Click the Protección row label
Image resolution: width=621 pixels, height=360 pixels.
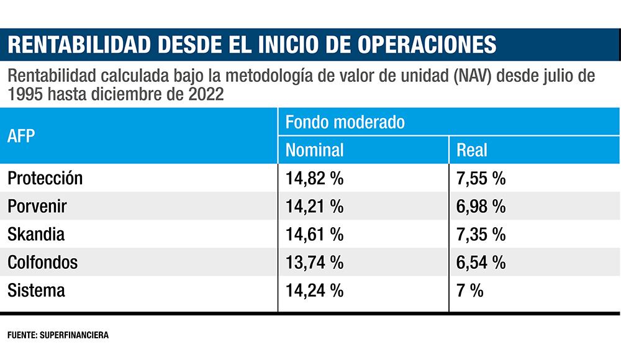pos(45,179)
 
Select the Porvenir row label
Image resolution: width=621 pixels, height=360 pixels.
pos(37,207)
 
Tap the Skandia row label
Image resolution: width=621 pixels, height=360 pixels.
pos(36,235)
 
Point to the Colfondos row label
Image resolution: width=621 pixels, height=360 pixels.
pos(42,263)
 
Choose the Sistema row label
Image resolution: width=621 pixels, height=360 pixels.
pos(36,290)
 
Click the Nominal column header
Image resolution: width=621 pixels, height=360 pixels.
pos(314,150)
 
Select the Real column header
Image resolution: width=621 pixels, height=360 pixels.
pos(472,150)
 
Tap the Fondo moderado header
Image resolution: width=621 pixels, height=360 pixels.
pos(345,122)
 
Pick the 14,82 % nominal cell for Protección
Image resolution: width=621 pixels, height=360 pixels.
pos(314,179)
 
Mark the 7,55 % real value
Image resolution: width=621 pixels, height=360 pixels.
pos(481,179)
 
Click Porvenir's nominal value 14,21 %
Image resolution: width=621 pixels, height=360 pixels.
pos(314,207)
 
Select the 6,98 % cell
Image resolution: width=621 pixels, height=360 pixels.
pos(481,207)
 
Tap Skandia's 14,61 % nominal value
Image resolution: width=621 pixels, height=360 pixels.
pos(314,235)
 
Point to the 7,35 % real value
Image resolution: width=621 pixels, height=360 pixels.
pos(481,235)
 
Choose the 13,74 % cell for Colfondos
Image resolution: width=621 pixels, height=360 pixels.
pos(314,263)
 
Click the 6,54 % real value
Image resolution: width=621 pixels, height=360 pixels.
pos(481,263)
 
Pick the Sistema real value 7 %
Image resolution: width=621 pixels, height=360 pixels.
pos(469,290)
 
